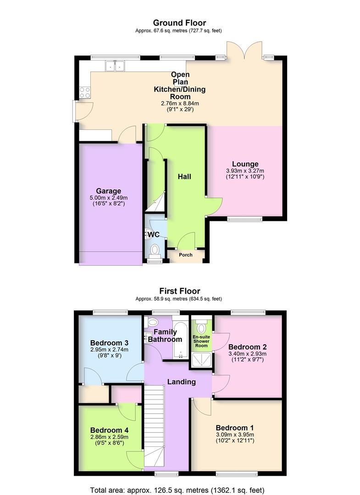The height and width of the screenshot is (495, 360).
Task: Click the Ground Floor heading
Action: [x=179, y=22]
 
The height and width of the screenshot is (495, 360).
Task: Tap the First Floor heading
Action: [x=179, y=291]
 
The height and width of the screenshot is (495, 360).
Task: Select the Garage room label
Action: [x=108, y=191]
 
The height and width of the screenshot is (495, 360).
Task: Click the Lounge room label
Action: [x=245, y=164]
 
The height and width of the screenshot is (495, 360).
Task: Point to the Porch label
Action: [x=186, y=255]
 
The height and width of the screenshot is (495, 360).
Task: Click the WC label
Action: [x=154, y=235]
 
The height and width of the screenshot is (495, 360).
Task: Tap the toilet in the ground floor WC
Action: [x=155, y=250]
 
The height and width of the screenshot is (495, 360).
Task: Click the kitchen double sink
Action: [x=115, y=67]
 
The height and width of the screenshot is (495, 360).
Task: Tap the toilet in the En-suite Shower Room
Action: [x=201, y=328]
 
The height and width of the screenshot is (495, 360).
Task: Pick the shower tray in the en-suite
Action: [x=202, y=361]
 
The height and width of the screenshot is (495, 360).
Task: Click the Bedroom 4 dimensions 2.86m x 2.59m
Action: [x=109, y=437]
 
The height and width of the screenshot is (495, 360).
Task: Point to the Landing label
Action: [x=181, y=382]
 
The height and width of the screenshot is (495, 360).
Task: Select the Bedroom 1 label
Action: [x=235, y=428]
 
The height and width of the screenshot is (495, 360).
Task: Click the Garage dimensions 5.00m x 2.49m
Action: [x=108, y=198]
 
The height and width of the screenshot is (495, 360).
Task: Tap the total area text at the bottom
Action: [x=179, y=489]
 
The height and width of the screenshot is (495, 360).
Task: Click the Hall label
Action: [x=184, y=176]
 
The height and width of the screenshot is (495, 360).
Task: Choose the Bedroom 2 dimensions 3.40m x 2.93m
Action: [x=247, y=353]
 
